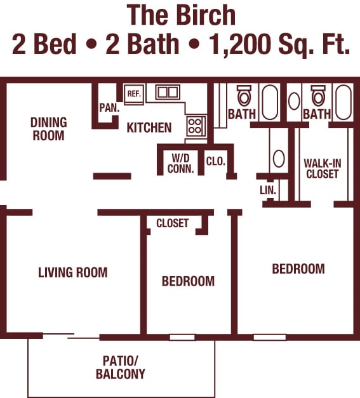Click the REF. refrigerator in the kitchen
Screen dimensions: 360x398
pyautogui.click(x=135, y=94)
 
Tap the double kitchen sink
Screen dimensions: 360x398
pyautogui.click(x=168, y=92)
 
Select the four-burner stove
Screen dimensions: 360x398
pyautogui.click(x=196, y=126)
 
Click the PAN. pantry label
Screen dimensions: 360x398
pyautogui.click(x=109, y=108)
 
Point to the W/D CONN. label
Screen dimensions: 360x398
pyautogui.click(x=180, y=164)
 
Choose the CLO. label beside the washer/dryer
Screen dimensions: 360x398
pyautogui.click(x=216, y=161)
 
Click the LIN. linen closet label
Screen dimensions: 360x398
pyautogui.click(x=267, y=190)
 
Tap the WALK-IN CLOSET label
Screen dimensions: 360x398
pyautogui.click(x=323, y=169)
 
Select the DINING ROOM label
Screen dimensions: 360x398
pyautogui.click(x=48, y=129)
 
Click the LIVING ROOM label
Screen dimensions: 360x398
pyautogui.click(x=73, y=272)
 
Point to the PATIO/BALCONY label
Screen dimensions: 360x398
pyautogui.click(x=121, y=368)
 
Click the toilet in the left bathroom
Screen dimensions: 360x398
pyautogui.click(x=244, y=95)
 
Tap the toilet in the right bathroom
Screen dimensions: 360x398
pyautogui.click(x=318, y=95)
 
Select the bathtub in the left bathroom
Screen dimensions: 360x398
pyautogui.click(x=270, y=102)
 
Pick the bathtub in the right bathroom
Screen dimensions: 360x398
pyautogui.click(x=343, y=102)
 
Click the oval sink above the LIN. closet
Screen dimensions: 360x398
pyautogui.click(x=279, y=159)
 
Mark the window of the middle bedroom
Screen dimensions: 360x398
pyautogui.click(x=182, y=337)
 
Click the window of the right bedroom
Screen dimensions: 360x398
pyautogui.click(x=270, y=337)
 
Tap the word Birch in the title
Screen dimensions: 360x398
pyautogui.click(x=206, y=15)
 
